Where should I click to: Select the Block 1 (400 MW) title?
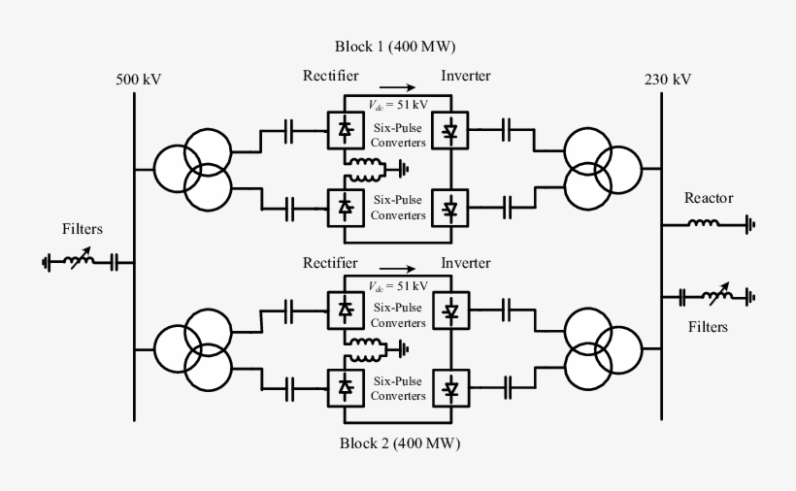[x=395, y=47]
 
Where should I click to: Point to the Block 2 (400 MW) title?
[x=398, y=443]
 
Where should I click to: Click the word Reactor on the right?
[x=708, y=198]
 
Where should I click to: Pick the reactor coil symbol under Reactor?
[x=703, y=224]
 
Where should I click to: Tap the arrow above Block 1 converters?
[x=398, y=87]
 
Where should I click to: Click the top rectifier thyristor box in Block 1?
[x=345, y=130]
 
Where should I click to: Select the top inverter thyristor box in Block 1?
[x=449, y=130]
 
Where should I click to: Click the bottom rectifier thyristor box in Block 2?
[x=345, y=387]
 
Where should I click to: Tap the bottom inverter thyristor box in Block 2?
[x=449, y=387]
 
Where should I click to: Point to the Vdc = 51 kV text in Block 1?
[x=398, y=106]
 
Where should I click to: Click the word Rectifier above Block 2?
[x=331, y=263]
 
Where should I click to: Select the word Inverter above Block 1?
[x=466, y=76]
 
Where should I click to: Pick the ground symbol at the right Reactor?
[x=748, y=225]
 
